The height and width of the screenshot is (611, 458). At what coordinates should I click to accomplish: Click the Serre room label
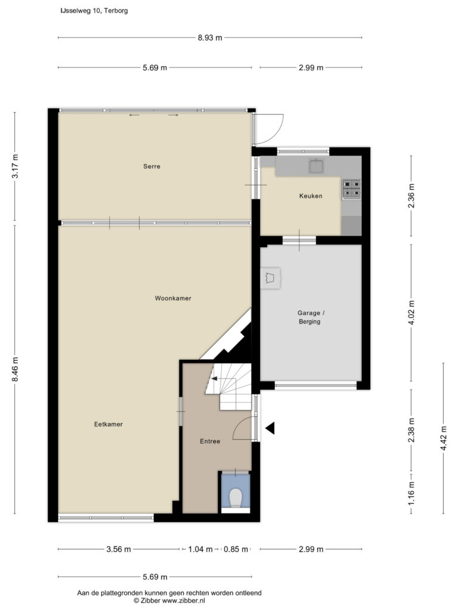151,166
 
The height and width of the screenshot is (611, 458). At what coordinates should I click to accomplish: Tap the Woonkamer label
173,298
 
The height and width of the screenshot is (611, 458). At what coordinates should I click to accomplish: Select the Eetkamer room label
109,424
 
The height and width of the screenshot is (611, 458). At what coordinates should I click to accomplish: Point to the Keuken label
310,196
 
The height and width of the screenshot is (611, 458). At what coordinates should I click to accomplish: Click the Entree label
210,441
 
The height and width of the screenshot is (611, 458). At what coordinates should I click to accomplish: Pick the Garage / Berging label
310,317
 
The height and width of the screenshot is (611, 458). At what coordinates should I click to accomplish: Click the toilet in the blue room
236,498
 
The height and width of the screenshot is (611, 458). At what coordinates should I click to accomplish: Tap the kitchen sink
316,166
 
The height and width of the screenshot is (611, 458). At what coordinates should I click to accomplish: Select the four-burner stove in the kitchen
351,189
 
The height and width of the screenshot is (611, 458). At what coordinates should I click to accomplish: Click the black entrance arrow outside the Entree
271,428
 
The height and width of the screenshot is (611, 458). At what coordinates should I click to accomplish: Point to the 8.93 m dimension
210,38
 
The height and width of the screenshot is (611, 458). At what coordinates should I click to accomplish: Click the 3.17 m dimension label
15,166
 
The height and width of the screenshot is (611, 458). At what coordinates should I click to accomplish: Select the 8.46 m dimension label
15,369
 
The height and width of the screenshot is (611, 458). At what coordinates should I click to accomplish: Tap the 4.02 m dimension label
411,313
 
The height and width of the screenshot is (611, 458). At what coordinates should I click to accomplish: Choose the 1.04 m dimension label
200,550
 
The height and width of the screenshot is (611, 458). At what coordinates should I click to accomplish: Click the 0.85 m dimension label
236,550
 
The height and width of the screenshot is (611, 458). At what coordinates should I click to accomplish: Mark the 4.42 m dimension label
443,439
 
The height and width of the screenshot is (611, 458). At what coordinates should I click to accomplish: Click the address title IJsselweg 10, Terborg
94,11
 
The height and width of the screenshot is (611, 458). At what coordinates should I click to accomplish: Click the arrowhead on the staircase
214,378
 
